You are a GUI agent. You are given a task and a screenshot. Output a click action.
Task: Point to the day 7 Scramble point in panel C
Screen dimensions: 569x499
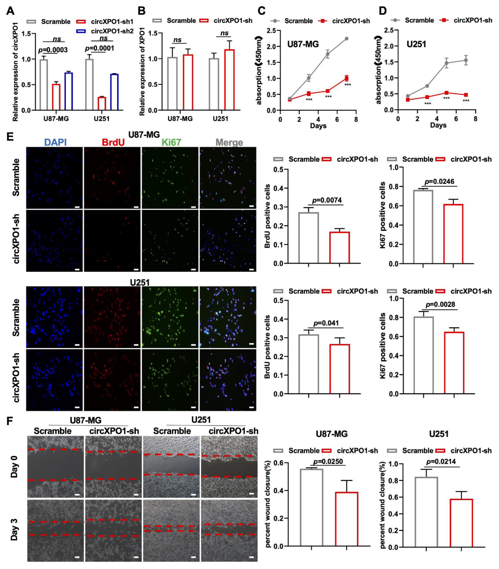pos(346,38)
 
